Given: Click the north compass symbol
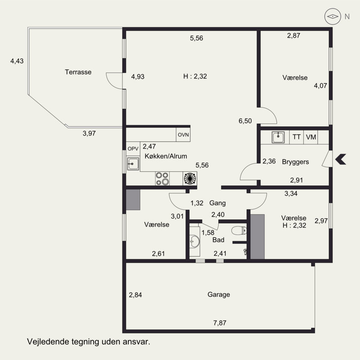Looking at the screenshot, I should pyautogui.click(x=332, y=17).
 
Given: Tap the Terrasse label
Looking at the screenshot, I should pyautogui.click(x=78, y=72).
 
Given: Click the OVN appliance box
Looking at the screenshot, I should pyautogui.click(x=183, y=135).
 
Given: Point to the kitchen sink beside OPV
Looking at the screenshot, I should pyautogui.click(x=133, y=164).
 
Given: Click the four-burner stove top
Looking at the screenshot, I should pyautogui.click(x=162, y=179).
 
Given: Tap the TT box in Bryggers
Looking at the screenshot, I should pyautogui.click(x=297, y=137).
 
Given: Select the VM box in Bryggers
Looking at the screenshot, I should pyautogui.click(x=311, y=137).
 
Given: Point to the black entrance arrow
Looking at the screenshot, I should pyautogui.click(x=341, y=158).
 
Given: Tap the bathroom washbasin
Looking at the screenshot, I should pyautogui.click(x=194, y=241).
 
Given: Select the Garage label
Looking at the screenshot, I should pyautogui.click(x=219, y=295).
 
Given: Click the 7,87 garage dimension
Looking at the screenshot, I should pyautogui.click(x=220, y=322).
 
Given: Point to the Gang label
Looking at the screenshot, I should pyautogui.click(x=217, y=203).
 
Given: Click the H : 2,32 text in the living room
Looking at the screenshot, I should pyautogui.click(x=195, y=76).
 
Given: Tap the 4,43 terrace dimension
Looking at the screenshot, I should pyautogui.click(x=17, y=62).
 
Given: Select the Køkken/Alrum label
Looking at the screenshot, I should pyautogui.click(x=166, y=156).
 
